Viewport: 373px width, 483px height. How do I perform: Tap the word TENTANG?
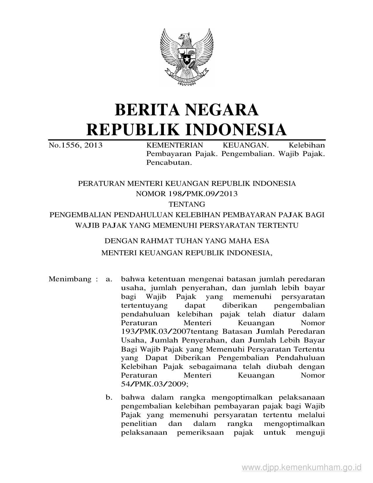click(x=186, y=204)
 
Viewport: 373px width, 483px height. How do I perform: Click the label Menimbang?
click(x=70, y=279)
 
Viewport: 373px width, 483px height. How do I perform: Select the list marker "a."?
click(x=109, y=279)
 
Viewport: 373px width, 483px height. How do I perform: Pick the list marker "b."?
click(x=109, y=397)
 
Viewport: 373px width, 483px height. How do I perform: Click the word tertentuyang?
click(x=144, y=305)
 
